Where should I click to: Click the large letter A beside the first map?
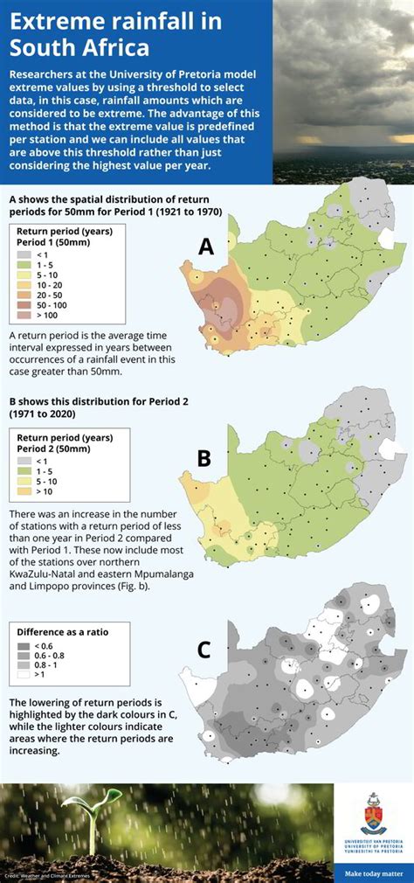(205, 247)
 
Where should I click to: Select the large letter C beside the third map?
(204, 649)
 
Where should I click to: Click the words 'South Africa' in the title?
(79, 45)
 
